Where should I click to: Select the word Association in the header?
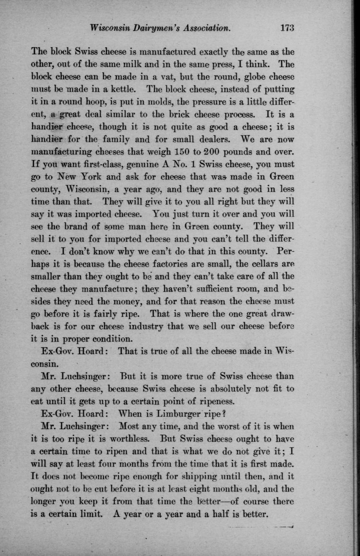(x=207, y=28)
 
